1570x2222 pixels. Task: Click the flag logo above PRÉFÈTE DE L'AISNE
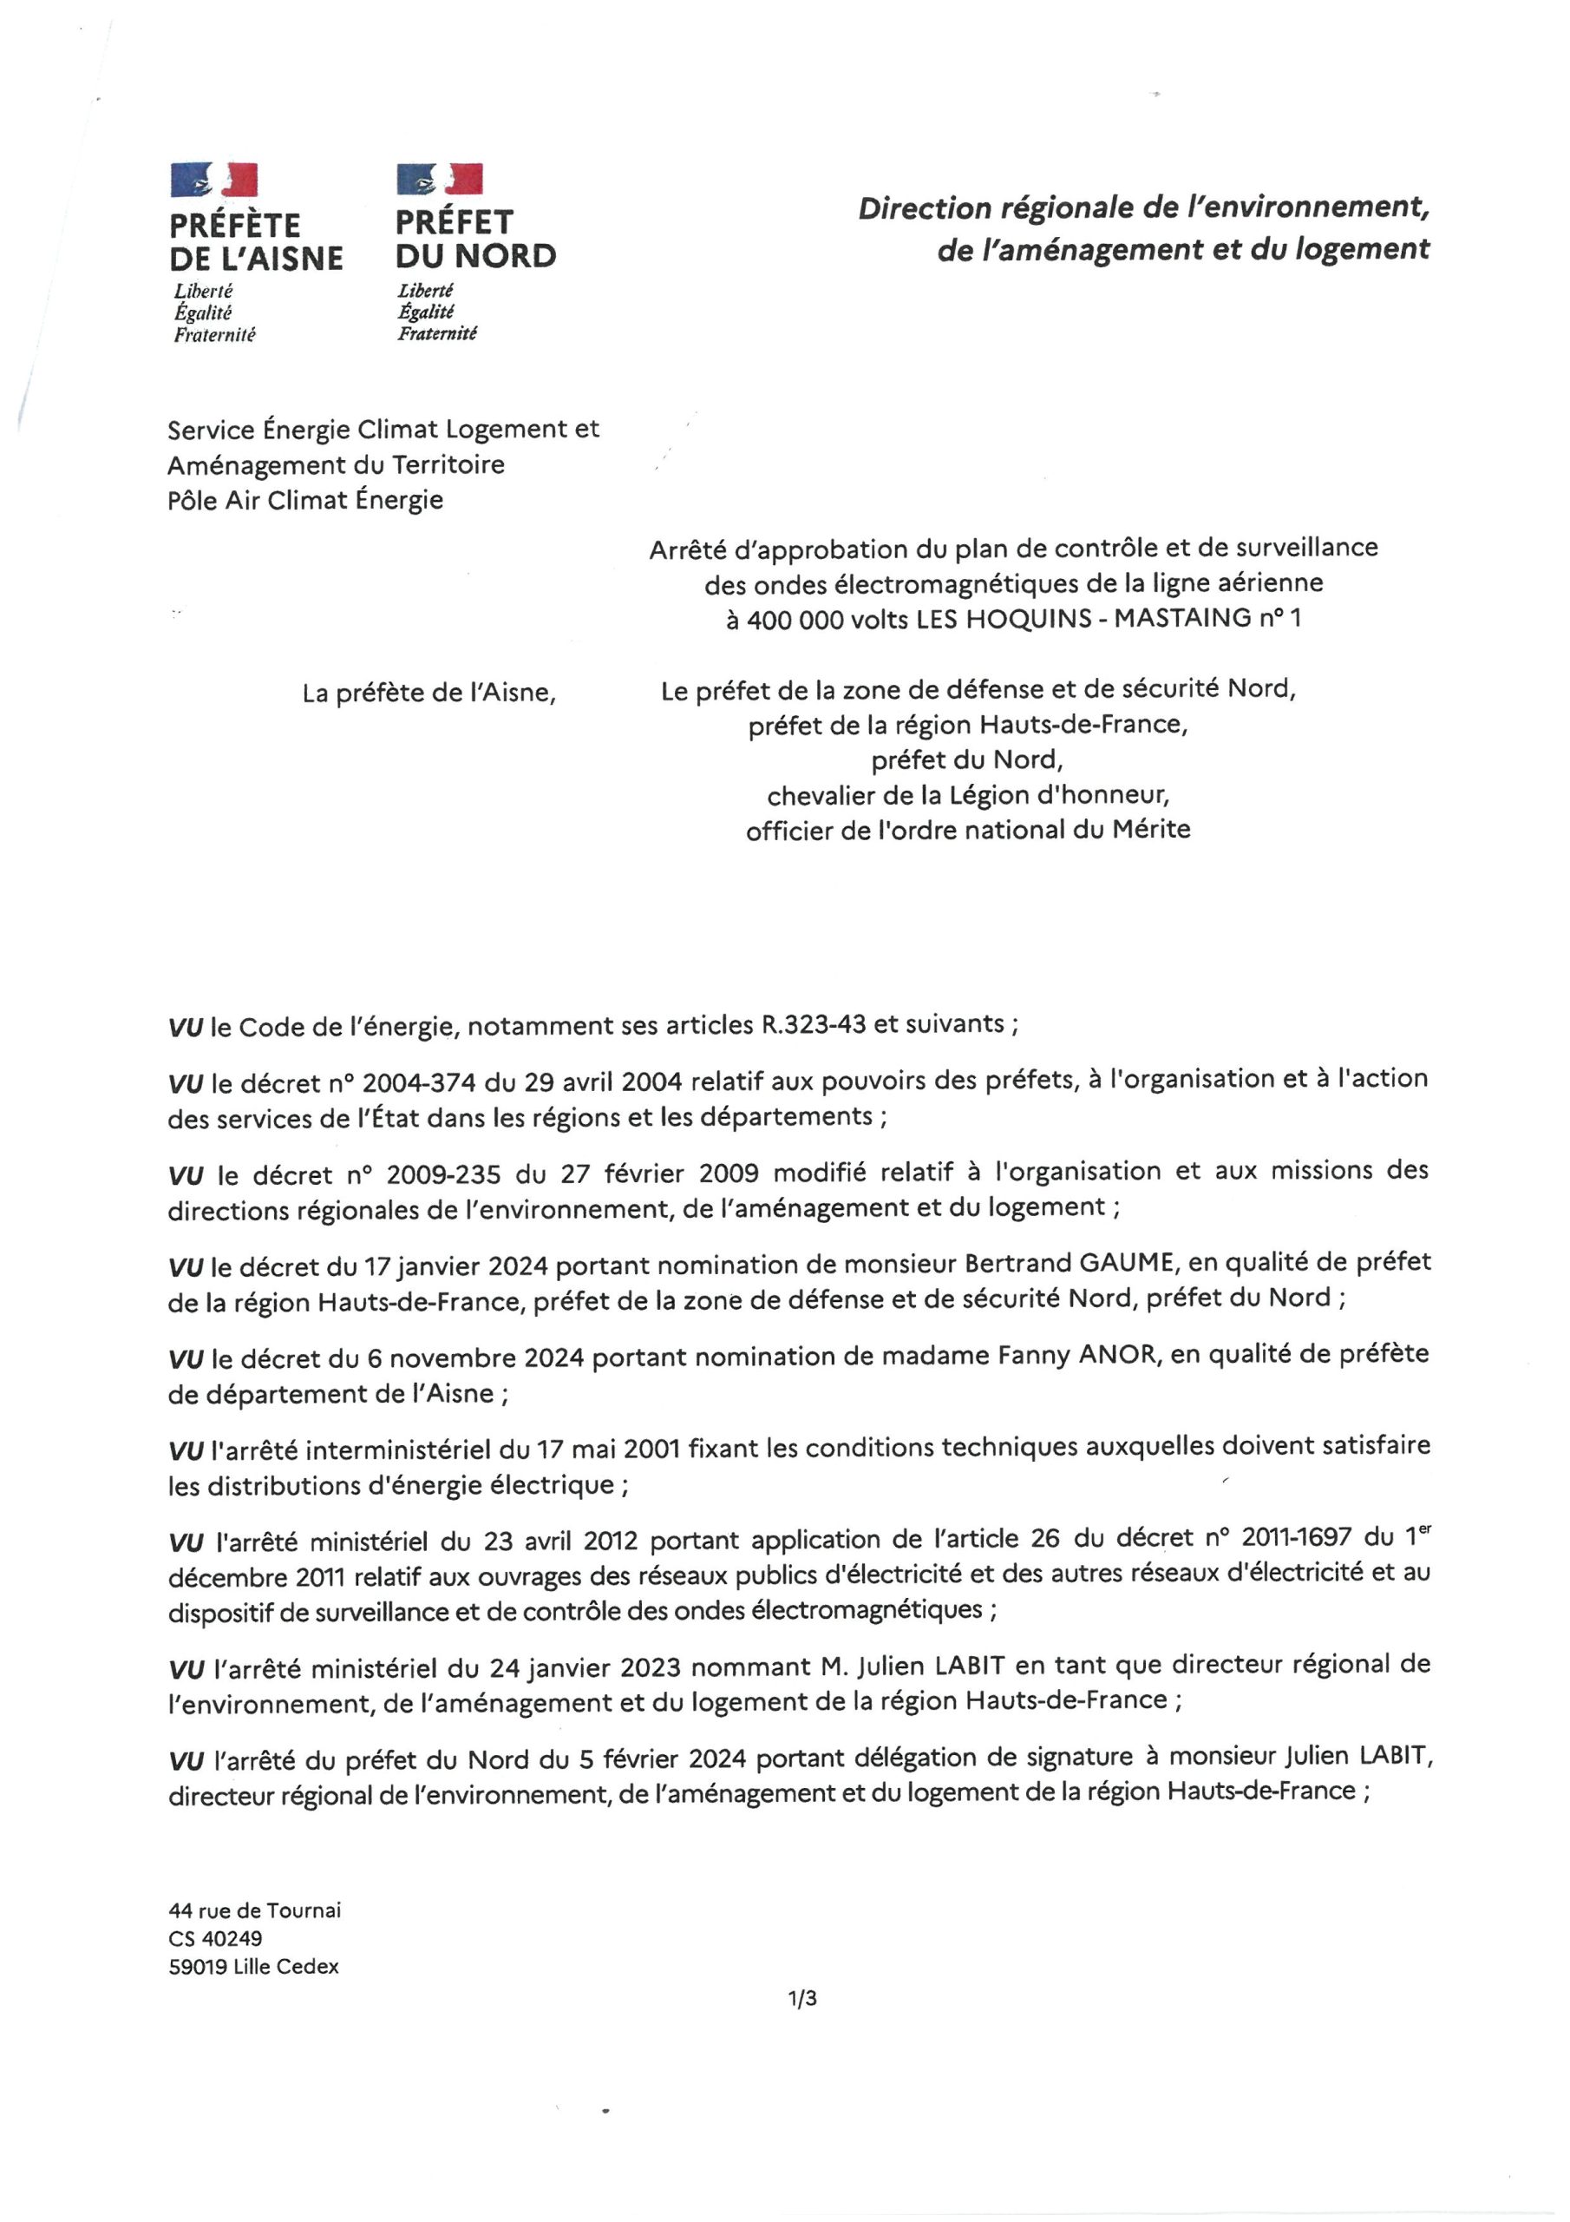[x=213, y=180]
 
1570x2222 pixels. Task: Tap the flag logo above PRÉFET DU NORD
[x=439, y=179]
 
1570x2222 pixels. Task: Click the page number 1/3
[x=802, y=1997]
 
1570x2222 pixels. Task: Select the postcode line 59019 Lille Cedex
[x=253, y=1967]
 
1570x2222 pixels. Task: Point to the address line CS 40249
[x=215, y=1938]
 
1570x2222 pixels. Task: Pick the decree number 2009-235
[x=443, y=1173]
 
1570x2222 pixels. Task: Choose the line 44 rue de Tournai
[x=254, y=1910]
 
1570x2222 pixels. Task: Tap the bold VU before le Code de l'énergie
[x=185, y=1027]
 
